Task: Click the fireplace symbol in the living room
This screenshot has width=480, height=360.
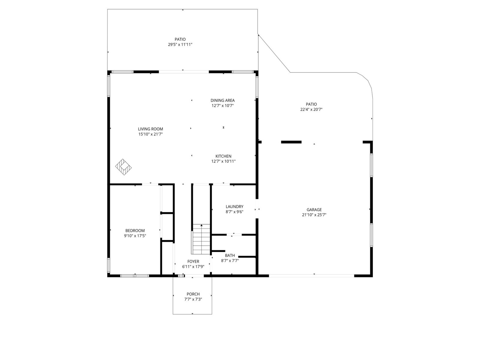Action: tap(123, 167)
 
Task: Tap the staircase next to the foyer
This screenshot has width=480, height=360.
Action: tap(201, 239)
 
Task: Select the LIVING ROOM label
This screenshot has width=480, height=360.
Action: tap(151, 129)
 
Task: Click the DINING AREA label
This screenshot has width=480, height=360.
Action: tap(223, 100)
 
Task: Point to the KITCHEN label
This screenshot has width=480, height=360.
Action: tap(223, 156)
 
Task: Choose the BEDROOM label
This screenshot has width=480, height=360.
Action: tap(135, 231)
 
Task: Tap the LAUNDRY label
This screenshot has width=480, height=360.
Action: tap(234, 207)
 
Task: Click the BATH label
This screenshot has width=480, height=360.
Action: tap(230, 255)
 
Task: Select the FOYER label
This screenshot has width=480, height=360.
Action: tap(193, 261)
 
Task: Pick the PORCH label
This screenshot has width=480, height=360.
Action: tap(193, 294)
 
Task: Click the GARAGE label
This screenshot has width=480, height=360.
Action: tap(314, 210)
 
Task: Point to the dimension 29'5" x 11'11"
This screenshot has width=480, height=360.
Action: tap(180, 45)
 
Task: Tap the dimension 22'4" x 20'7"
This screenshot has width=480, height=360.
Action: tap(311, 109)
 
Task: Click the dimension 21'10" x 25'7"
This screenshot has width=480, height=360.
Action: tap(314, 215)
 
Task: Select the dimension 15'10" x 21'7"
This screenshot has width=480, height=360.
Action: tap(151, 134)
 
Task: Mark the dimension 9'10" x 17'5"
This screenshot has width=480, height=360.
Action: tap(135, 236)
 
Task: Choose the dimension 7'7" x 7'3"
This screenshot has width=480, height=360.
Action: tap(193, 299)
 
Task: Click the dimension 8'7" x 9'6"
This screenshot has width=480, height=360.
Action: tap(234, 212)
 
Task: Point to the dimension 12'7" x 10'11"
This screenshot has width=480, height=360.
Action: tap(223, 161)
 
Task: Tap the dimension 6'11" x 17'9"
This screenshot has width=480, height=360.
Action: tap(193, 267)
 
